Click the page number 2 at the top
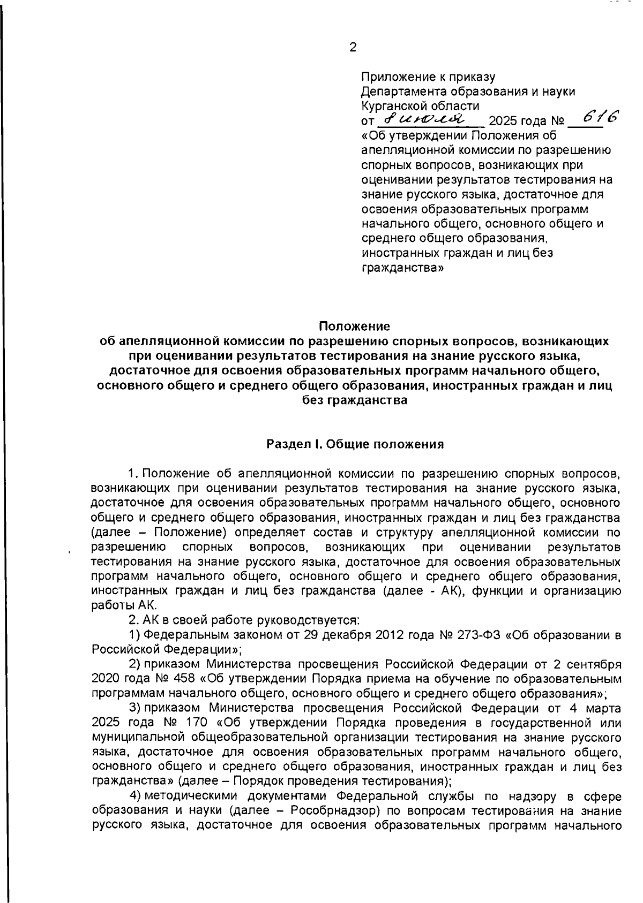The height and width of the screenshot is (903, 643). click(353, 48)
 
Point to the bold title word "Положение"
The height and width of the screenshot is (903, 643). click(355, 326)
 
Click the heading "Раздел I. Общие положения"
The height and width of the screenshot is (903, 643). click(355, 444)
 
